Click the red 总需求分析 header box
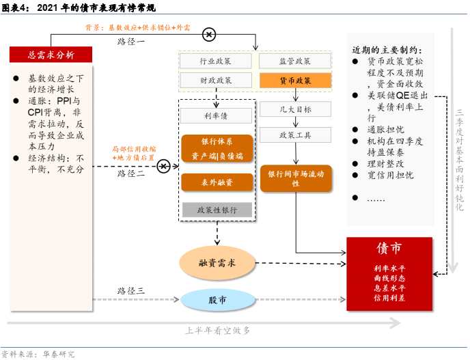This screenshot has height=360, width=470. (x=51, y=55)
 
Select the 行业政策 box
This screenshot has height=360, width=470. (x=215, y=61)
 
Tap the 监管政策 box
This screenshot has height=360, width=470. (x=295, y=61)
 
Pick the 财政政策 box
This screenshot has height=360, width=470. (x=215, y=81)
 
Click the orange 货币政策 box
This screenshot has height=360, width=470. (x=295, y=81)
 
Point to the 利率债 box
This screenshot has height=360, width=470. (x=216, y=115)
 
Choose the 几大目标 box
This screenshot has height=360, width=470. (x=295, y=109)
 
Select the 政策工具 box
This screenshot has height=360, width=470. (x=295, y=135)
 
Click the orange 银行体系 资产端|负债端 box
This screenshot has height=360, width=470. (x=217, y=148)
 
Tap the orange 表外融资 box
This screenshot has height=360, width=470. (x=217, y=182)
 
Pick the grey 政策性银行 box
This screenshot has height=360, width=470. (x=217, y=210)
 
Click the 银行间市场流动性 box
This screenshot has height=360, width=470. (x=296, y=178)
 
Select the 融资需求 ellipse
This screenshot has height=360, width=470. (x=217, y=263)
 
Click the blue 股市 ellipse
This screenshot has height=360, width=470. (x=218, y=299)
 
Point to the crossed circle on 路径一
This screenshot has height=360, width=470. (x=209, y=34)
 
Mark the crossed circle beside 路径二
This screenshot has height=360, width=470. (x=163, y=166)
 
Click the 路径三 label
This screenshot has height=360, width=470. (x=131, y=291)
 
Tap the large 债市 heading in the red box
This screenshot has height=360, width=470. (x=389, y=249)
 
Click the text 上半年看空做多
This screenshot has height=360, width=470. (x=218, y=331)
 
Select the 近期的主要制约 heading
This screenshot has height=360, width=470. (x=387, y=50)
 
